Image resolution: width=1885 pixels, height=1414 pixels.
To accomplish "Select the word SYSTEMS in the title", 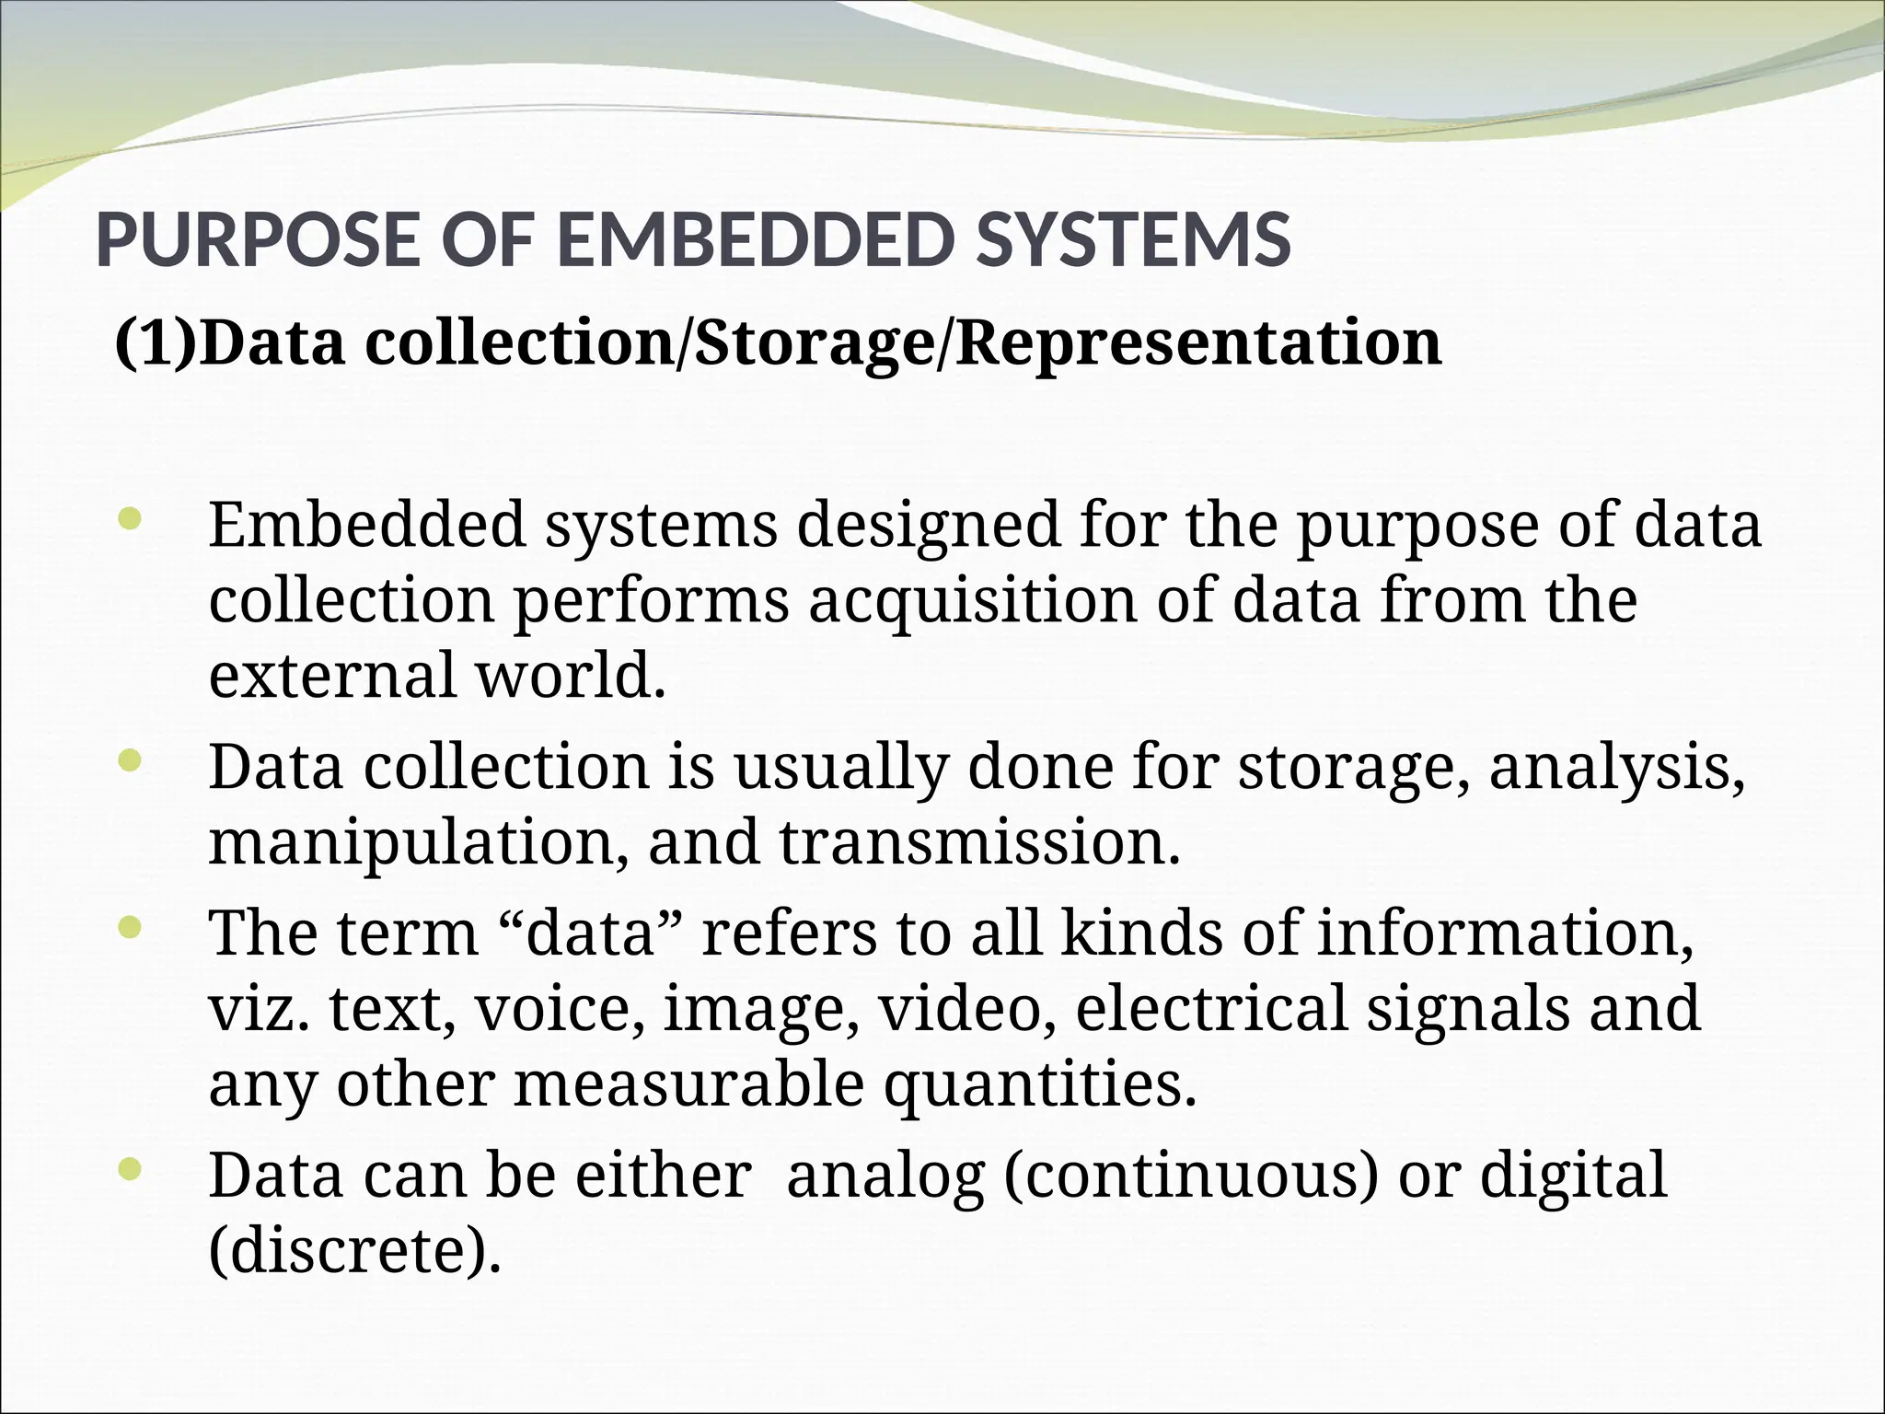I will point(1133,240).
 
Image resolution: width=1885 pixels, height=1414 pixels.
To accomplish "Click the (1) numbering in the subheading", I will point(155,342).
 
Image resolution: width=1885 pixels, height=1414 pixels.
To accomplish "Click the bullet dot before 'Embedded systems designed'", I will point(130,519).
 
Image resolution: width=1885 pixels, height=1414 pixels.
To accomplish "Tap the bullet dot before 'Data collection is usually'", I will point(130,760).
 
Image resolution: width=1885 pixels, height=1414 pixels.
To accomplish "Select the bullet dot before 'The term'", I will point(130,928).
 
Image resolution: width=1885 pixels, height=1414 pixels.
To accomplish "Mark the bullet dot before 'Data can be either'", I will point(130,1169).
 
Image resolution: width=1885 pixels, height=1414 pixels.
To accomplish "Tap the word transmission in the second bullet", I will point(978,843).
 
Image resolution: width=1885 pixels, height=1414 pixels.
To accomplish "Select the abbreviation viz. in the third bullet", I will point(260,1009).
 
